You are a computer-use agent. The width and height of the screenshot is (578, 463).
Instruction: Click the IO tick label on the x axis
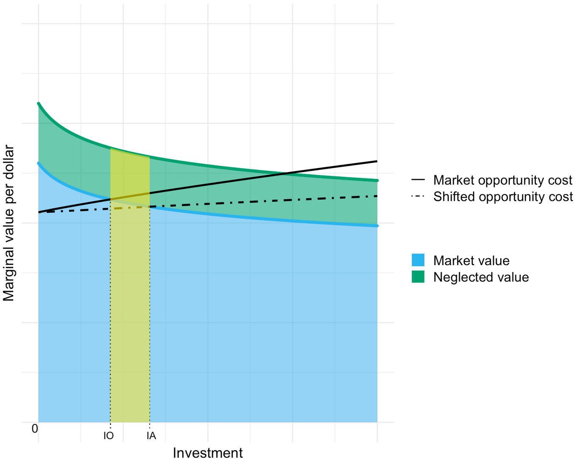108,436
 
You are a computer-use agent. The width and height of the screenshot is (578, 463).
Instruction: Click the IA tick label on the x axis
151,436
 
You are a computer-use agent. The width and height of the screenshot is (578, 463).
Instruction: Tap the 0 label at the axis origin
35,429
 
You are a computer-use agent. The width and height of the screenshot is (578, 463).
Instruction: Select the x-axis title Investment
208,453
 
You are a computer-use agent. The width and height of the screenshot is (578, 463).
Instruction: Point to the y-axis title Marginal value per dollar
9,223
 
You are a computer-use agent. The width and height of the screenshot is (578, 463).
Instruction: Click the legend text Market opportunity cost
503,180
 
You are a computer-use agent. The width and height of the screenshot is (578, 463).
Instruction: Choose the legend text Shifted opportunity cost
503,197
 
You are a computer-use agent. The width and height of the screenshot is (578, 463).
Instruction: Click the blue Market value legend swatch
418,260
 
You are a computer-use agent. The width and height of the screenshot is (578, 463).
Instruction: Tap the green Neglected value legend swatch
418,277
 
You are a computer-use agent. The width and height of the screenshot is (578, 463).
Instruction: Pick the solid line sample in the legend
418,180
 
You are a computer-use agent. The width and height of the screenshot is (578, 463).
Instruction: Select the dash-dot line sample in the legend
418,197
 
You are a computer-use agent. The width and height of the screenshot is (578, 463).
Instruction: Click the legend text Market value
471,260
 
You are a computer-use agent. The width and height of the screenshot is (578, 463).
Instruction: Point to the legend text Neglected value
481,277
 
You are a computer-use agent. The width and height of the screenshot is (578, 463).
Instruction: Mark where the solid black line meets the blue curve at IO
110,199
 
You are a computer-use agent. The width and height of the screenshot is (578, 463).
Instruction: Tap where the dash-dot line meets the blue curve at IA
150,207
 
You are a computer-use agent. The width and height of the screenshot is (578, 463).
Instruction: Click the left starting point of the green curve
39,103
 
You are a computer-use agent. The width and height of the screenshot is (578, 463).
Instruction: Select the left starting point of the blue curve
39,163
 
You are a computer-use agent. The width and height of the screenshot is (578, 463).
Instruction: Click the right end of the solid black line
377,161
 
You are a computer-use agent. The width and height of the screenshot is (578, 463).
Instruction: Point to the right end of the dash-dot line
377,196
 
